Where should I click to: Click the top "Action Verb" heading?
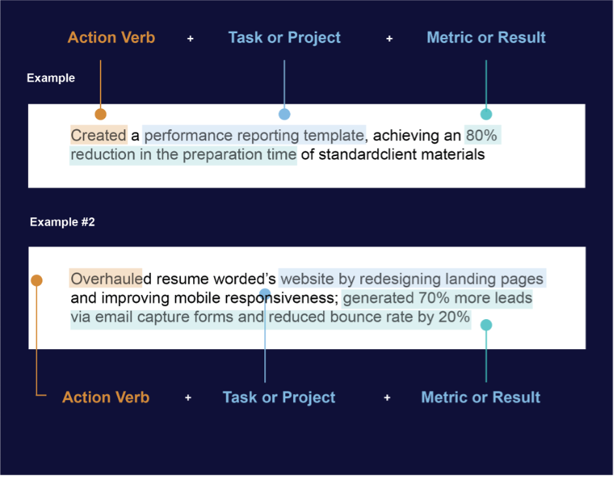111,38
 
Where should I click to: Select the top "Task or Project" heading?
284,38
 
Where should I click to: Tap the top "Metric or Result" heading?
486,38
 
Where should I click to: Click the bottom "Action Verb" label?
106,397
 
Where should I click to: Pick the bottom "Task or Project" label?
279,397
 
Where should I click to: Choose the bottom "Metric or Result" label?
480,397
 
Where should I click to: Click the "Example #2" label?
62,222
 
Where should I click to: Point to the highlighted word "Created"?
99,136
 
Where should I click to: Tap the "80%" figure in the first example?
482,136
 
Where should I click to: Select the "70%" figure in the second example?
434,298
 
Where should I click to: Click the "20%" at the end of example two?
454,317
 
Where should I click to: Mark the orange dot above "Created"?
100,114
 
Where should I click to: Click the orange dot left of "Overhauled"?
37,281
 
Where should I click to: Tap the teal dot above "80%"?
486,114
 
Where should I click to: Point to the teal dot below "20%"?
486,325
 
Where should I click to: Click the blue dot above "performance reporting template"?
284,114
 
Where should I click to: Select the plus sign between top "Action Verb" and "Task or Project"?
191,38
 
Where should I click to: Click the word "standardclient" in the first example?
368,155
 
